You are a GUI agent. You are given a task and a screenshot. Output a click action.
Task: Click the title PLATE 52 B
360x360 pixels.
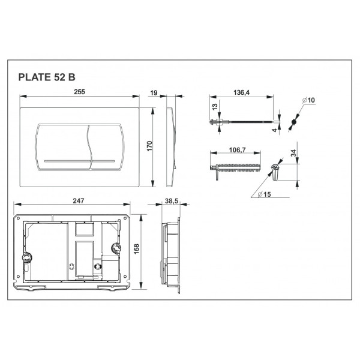tap(47, 77)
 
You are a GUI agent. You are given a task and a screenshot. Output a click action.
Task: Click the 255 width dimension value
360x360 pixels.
tap(79, 92)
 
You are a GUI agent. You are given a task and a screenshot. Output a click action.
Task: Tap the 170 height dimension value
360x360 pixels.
tap(149, 146)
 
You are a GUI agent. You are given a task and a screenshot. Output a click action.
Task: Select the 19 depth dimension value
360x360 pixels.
tap(154, 93)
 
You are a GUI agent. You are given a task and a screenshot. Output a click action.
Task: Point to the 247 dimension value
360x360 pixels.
tap(79, 201)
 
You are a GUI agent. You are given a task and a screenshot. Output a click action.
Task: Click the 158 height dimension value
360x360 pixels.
tap(136, 249)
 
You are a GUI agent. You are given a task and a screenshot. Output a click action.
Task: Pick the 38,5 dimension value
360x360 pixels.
tap(172, 201)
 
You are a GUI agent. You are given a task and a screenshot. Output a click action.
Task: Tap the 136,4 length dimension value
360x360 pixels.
tap(241, 92)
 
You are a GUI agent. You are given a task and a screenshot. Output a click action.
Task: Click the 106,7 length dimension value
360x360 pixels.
tap(238, 150)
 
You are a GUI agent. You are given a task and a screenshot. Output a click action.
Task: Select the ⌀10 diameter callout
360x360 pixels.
tap(308, 100)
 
